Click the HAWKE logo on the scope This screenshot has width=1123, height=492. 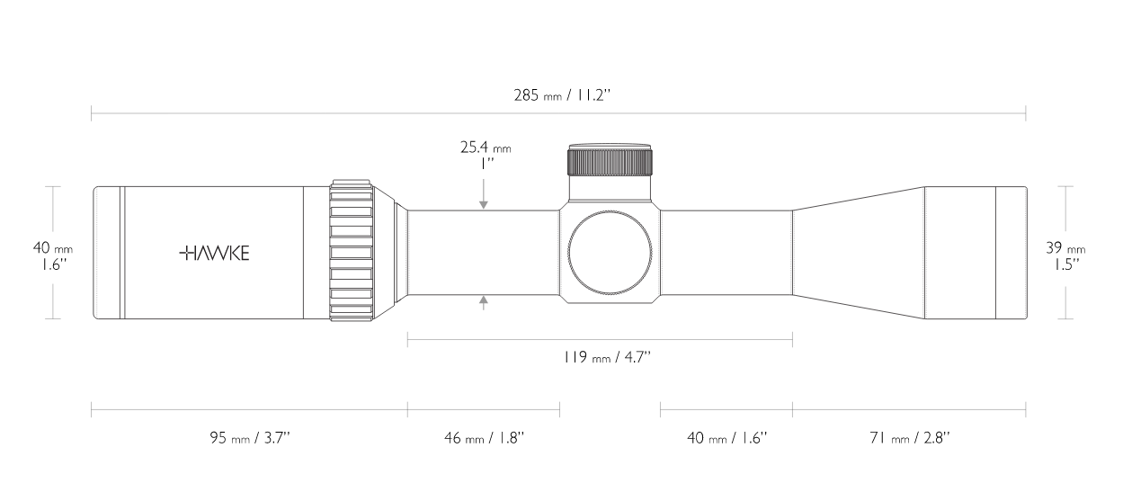[x=215, y=254]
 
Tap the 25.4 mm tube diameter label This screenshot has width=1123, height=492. [x=485, y=146]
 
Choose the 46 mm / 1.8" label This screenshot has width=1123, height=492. [x=484, y=438]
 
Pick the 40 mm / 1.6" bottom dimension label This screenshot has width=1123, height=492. [x=726, y=438]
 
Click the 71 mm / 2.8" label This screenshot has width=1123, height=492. [x=909, y=438]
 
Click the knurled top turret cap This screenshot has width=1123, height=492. [x=611, y=160]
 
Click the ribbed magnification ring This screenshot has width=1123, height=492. [x=352, y=252]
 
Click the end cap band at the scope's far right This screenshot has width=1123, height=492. [x=1011, y=253]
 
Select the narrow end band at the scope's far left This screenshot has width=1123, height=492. [x=109, y=253]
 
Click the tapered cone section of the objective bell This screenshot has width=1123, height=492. [x=859, y=253]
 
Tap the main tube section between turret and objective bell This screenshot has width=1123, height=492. [x=726, y=253]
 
